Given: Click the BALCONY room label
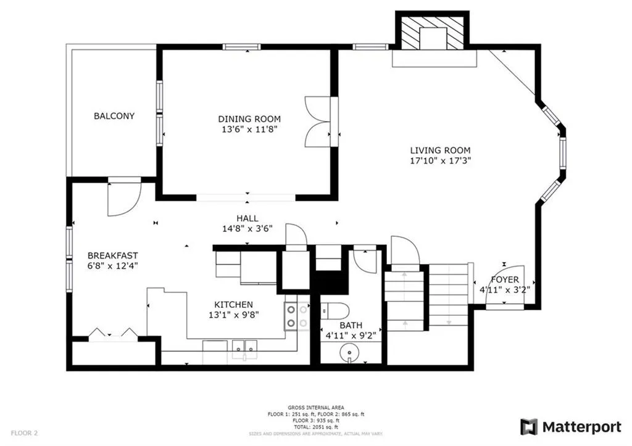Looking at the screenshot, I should coord(114,116).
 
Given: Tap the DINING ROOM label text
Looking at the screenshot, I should coord(249,119).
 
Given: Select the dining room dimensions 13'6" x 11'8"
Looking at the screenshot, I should coord(249,130).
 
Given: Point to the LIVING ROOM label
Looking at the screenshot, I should coord(441,150).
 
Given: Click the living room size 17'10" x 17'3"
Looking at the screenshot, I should coord(441,160).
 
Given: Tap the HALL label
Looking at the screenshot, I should coord(247,218).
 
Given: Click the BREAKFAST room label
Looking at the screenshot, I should coord(112,255).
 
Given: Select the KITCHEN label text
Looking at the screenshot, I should coord(233,305).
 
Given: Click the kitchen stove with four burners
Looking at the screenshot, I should coord(297,316).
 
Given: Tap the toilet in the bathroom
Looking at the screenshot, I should coord(336,310).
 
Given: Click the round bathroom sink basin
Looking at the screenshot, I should coord(350,353).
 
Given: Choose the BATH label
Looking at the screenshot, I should coord(350,326).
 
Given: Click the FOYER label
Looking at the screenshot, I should coord(505,279).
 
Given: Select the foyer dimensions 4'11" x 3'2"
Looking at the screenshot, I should coord(505,289).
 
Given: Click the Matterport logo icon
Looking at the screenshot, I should coord(529,427).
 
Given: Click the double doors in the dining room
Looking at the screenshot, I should coord(320,122).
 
